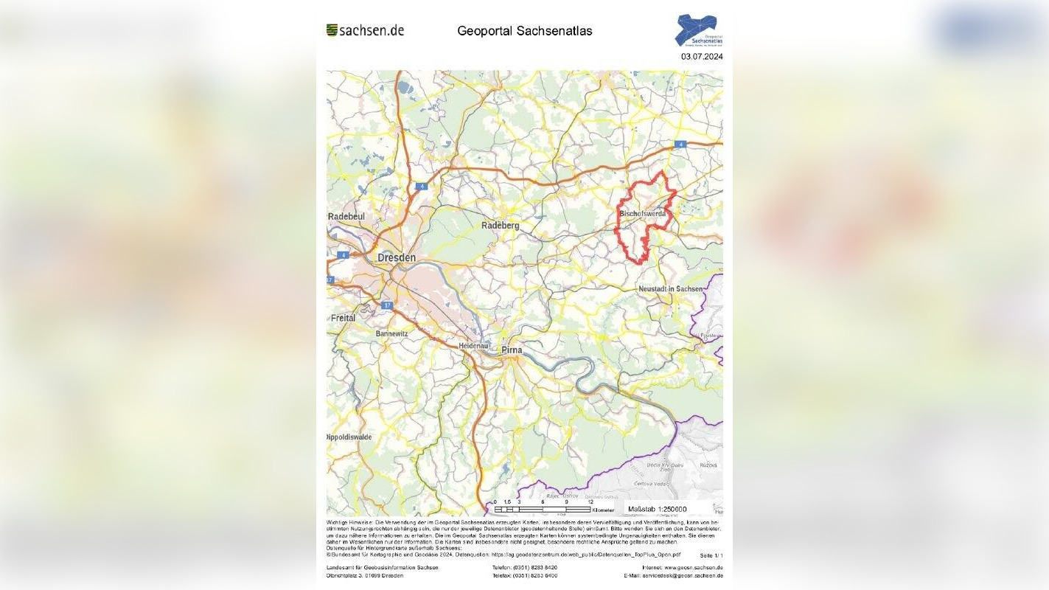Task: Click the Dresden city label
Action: tap(397, 258)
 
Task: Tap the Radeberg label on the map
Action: tap(501, 225)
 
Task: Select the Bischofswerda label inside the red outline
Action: tap(642, 214)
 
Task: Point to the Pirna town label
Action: tap(512, 350)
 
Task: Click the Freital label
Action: tap(343, 318)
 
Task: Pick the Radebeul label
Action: tap(346, 216)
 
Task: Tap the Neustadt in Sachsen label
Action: tap(671, 289)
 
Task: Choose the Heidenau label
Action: tap(473, 345)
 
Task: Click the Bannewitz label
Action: tap(391, 333)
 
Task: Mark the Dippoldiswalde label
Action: tap(350, 437)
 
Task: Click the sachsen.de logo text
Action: tap(372, 30)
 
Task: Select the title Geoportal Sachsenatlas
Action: tap(524, 31)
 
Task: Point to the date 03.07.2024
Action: tap(702, 56)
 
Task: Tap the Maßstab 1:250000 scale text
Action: tap(657, 509)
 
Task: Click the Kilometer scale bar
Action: tap(543, 509)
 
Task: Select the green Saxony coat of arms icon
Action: tap(332, 30)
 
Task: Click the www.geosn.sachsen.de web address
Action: tap(693, 567)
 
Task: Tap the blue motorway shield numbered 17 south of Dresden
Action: tap(388, 305)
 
